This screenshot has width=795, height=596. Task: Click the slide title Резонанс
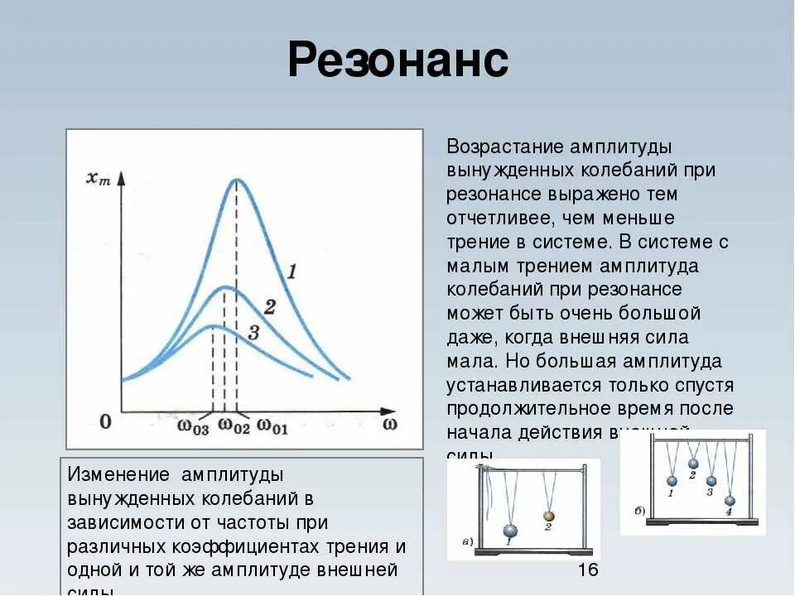(397, 61)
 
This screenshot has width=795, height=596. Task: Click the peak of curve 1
(238, 180)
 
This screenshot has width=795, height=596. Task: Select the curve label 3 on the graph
(253, 333)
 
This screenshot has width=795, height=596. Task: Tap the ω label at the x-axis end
(390, 424)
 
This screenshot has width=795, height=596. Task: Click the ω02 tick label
(234, 425)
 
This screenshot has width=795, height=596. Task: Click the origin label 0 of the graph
(105, 422)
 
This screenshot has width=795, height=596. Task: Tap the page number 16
(587, 570)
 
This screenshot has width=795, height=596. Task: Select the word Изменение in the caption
(116, 475)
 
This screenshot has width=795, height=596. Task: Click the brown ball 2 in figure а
(547, 516)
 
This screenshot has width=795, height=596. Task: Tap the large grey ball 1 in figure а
(510, 531)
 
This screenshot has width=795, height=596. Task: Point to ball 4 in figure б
(729, 500)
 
